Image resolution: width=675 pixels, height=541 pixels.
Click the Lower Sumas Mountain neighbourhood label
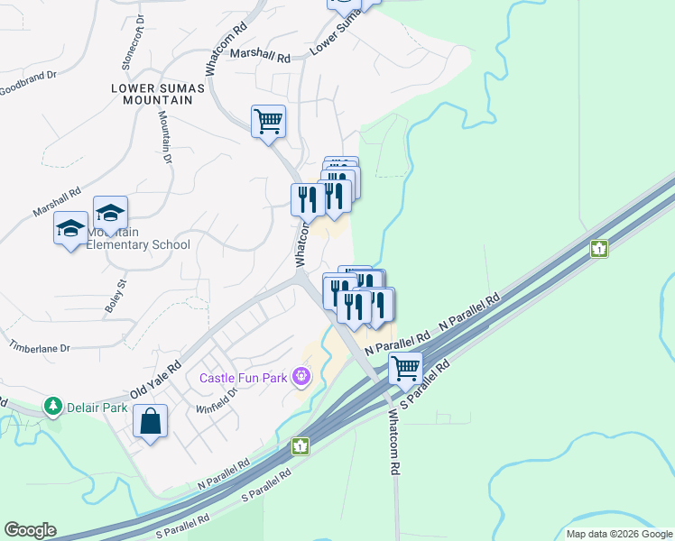pos(152,94)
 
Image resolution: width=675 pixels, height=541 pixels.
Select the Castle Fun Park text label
pos(244,376)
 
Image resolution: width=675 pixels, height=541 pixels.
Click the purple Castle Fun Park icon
pos(301,376)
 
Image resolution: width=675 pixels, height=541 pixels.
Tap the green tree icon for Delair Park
pos(54,408)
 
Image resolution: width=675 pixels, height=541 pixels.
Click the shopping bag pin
pos(150,421)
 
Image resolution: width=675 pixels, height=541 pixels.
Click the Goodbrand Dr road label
pos(27,89)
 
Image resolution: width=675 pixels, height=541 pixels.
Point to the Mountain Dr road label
pos(165,135)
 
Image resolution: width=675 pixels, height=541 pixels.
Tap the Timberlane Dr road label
pos(40,343)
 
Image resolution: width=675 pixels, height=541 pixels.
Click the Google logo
pos(30,530)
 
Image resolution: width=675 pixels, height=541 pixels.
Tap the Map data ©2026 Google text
pos(619,534)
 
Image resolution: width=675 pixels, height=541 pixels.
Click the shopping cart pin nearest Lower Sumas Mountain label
pos(268,120)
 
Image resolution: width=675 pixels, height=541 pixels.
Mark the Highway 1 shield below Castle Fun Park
pos(301,445)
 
